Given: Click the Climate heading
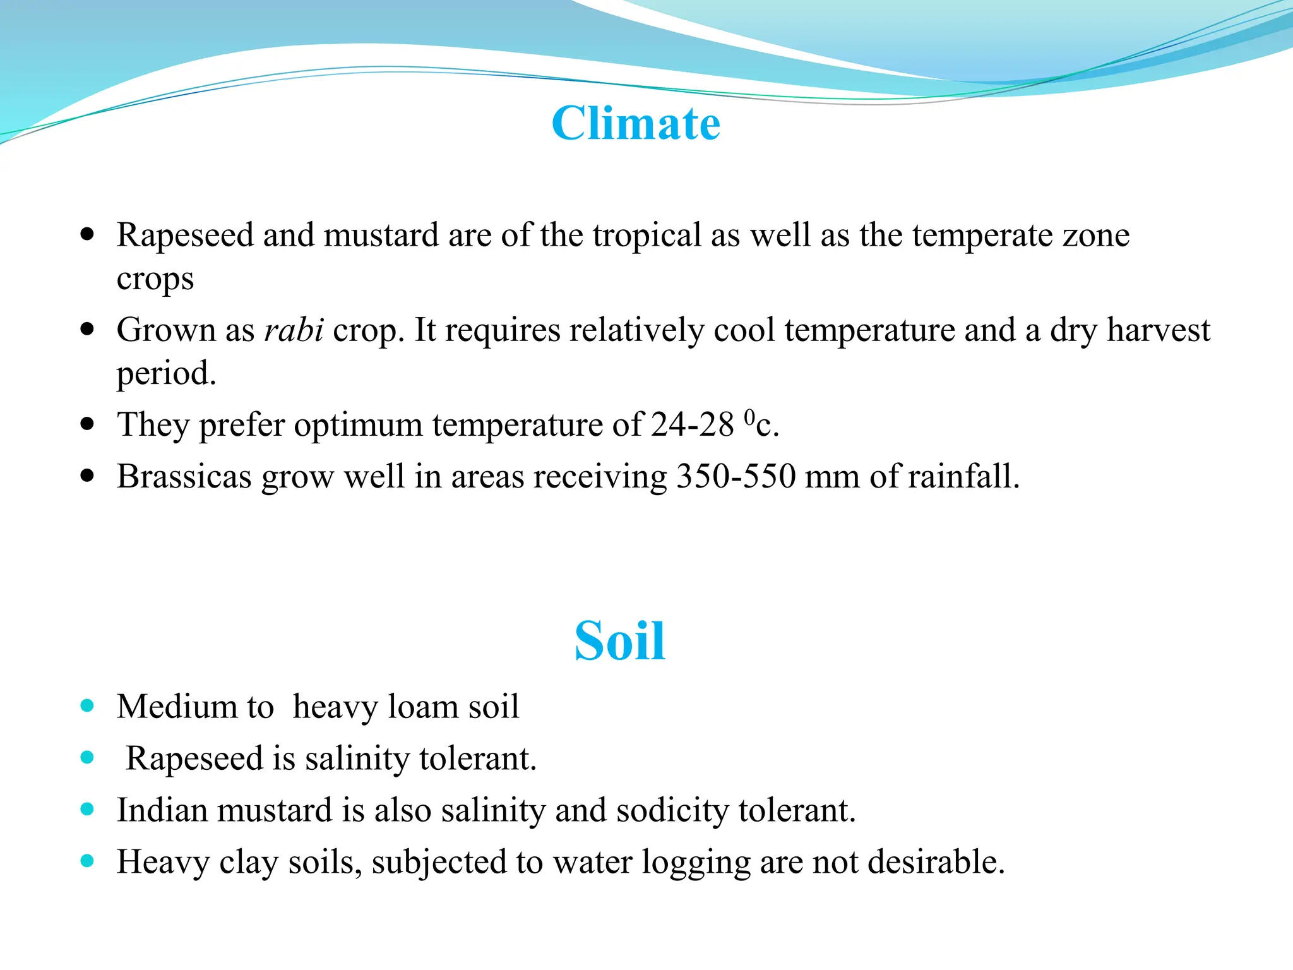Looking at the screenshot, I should click(x=635, y=123).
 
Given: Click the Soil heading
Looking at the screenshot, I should click(x=619, y=641).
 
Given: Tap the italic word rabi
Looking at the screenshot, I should click(x=294, y=330).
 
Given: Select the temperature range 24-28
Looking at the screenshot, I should click(x=692, y=424).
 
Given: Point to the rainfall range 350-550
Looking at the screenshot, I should click(x=736, y=476).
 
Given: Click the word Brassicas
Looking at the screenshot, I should click(x=184, y=476).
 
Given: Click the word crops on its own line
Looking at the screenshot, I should click(x=155, y=279).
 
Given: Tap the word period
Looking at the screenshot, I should click(x=165, y=374).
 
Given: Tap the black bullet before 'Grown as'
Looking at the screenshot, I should click(x=88, y=330).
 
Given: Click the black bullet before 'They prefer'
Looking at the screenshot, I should click(x=88, y=424).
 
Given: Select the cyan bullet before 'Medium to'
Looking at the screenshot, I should click(x=88, y=706).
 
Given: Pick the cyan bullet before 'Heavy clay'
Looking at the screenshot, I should click(x=88, y=861).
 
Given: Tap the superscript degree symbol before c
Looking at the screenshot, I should click(x=749, y=417).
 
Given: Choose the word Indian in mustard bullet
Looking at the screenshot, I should click(x=162, y=810).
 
